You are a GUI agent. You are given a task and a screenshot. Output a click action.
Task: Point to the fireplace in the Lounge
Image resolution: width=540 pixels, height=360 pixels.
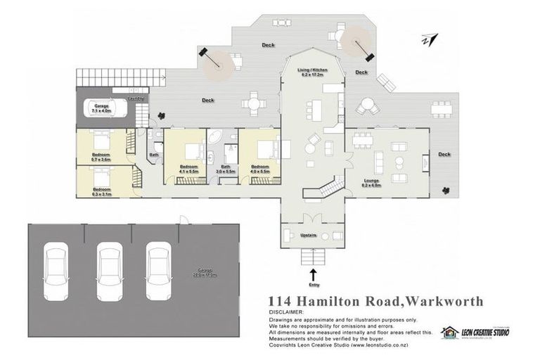(425, 162)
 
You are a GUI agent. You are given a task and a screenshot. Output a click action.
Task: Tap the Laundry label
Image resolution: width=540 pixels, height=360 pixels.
(136, 99)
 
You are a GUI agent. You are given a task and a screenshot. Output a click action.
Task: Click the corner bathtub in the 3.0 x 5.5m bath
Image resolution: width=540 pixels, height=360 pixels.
(212, 136)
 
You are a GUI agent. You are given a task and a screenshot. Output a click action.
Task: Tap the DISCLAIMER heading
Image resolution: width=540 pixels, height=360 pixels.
(286, 311)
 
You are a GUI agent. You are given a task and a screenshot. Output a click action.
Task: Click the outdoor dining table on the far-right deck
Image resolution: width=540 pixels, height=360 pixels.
(441, 108)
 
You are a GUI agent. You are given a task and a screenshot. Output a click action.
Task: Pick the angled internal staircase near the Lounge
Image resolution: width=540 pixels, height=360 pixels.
(330, 187)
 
